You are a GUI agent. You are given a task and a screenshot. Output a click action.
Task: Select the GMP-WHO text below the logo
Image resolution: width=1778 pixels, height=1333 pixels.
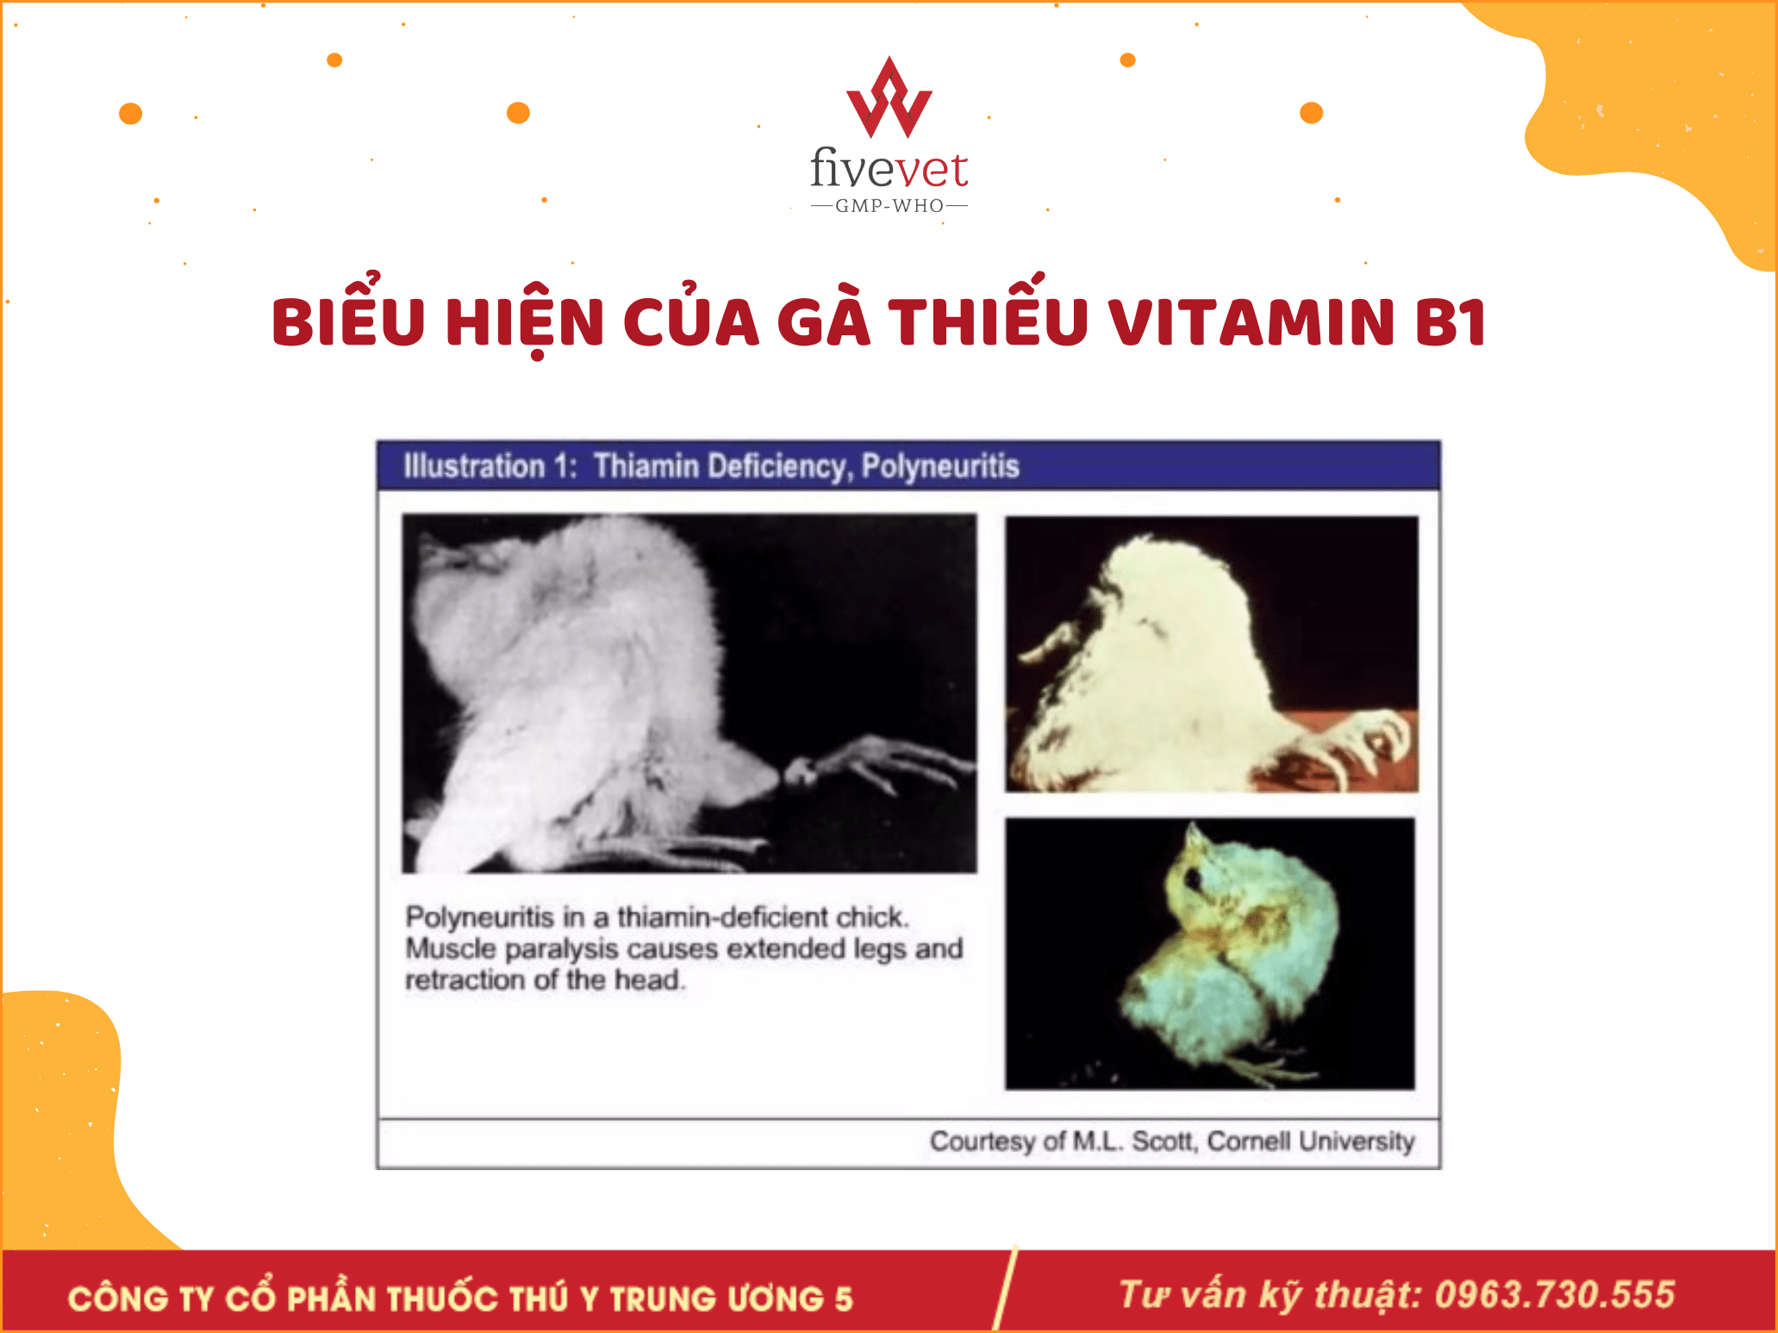(x=889, y=206)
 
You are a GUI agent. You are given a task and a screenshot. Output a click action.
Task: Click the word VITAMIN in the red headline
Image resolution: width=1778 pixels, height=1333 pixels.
(x=1251, y=322)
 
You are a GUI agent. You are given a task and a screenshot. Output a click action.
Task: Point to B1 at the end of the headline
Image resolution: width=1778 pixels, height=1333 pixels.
(x=1450, y=322)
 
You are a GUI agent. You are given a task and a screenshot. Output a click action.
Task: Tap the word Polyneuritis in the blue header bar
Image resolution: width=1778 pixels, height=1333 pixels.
(x=940, y=466)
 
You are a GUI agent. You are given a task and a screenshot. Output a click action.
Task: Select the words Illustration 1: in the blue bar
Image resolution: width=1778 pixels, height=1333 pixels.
(x=490, y=466)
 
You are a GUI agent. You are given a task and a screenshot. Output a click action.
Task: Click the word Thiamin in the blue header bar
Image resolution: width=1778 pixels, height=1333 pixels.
(x=646, y=466)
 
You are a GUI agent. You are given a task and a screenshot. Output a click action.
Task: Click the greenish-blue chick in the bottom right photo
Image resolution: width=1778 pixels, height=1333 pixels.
(x=1233, y=957)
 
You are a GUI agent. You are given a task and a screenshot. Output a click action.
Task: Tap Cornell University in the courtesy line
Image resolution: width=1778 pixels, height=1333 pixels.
(x=1311, y=1141)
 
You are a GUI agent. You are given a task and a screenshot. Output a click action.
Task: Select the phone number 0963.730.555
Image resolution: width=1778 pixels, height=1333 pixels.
(x=1555, y=1295)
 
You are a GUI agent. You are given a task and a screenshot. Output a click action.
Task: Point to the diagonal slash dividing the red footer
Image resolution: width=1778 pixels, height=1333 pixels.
(x=1005, y=1289)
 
